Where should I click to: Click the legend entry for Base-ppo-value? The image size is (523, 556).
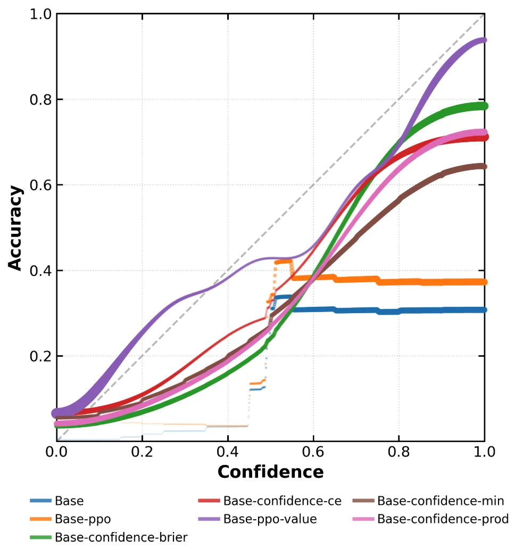270,519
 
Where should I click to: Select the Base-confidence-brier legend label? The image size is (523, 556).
121,537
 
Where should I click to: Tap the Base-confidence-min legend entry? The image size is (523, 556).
441,501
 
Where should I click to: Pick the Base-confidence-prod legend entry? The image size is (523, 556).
443,519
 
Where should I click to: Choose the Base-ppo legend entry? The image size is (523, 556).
82,519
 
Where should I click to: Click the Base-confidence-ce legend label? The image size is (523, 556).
282,501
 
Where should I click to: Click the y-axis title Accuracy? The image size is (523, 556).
16,228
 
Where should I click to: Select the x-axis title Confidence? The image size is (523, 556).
270,472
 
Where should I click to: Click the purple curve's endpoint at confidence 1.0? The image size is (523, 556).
484,40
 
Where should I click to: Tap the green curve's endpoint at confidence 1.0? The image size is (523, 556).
484,106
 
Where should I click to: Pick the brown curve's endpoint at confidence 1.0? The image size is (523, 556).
484,167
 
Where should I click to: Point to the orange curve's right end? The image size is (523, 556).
484,282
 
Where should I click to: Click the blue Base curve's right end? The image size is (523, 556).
484,310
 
